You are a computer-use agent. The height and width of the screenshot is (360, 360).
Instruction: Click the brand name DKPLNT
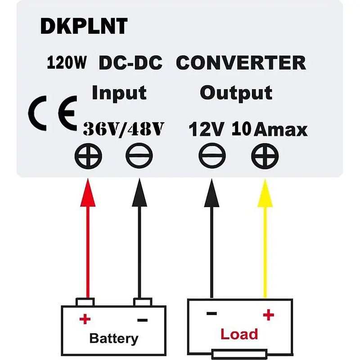tap(84, 27)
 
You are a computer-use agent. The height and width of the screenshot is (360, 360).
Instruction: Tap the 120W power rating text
tap(67, 63)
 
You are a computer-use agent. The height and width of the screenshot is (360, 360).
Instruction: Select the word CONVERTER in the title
tap(241, 63)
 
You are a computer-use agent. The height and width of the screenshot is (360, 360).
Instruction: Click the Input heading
tap(119, 93)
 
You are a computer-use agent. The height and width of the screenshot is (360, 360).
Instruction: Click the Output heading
tap(236, 93)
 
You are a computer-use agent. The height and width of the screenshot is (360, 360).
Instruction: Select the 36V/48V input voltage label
tap(122, 129)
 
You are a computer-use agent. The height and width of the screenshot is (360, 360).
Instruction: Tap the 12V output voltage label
tap(206, 130)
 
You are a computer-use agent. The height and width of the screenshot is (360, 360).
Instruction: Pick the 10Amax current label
tap(270, 130)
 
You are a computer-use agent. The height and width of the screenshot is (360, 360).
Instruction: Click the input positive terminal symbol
tap(88, 157)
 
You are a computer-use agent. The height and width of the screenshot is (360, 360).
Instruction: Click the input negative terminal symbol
tap(139, 157)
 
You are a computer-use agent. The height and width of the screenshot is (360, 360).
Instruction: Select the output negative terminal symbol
tap(212, 157)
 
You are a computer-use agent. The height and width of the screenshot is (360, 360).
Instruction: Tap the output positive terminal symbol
tap(265, 157)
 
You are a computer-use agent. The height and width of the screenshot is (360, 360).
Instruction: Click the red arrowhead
tap(88, 194)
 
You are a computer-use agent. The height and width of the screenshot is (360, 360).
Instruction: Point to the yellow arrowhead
tap(265, 194)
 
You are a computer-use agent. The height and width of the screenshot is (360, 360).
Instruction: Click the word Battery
tap(113, 338)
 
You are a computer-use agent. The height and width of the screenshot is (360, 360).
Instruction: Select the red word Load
tap(239, 334)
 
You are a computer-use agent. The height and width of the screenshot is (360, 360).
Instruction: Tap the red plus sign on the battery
tap(85, 319)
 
